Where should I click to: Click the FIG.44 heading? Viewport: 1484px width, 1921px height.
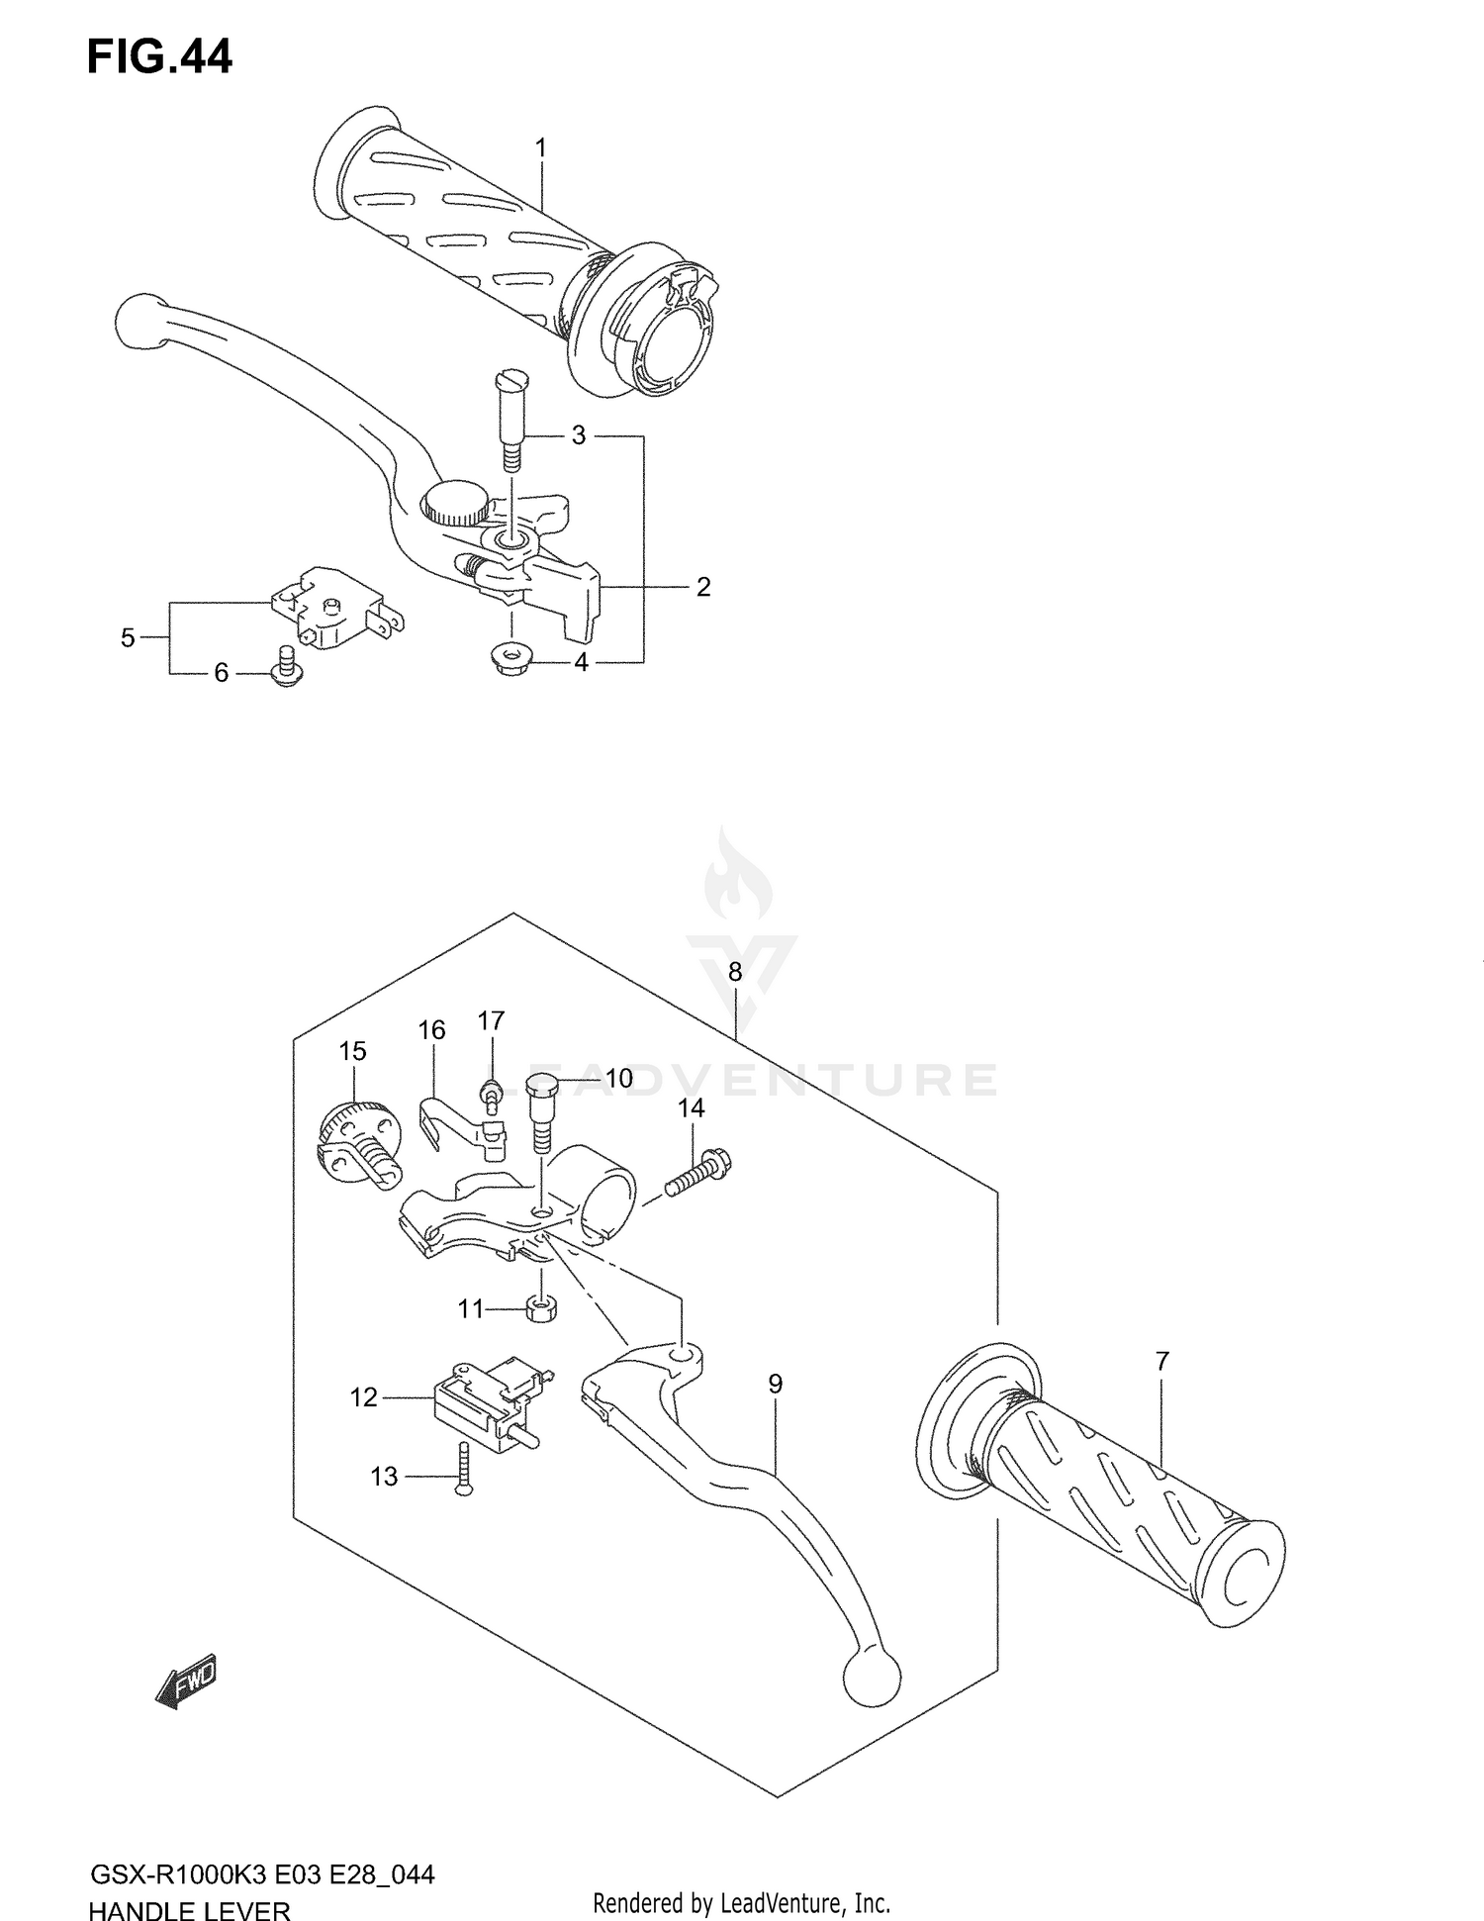click(x=159, y=57)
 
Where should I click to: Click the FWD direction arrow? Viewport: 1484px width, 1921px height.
click(x=186, y=1682)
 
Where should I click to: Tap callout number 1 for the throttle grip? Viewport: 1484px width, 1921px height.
click(x=540, y=147)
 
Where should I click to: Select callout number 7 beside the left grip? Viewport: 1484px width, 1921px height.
click(x=1161, y=1362)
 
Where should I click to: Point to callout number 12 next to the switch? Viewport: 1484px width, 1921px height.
click(x=363, y=1397)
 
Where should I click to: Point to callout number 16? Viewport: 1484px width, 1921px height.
click(x=431, y=1030)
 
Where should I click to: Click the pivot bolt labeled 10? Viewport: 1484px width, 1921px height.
click(x=542, y=1109)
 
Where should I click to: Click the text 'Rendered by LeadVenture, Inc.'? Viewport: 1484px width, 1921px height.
click(x=741, y=1902)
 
